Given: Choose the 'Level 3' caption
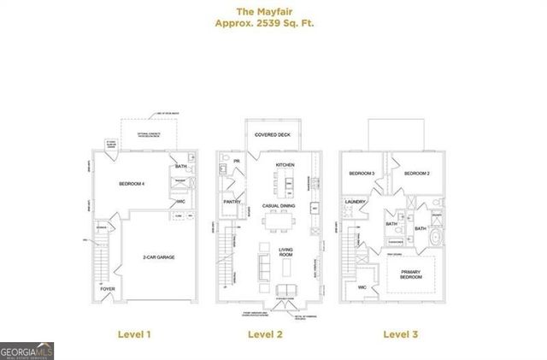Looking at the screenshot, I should click(400, 334).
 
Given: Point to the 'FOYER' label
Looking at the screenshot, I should click(108, 289).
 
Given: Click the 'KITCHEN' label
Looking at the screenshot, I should click(285, 164).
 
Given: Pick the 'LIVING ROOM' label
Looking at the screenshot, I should click(286, 252).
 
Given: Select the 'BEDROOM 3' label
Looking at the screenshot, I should click(362, 174).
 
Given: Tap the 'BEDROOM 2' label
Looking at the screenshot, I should click(416, 174).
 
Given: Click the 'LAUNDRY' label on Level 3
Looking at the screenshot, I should click(356, 202).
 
